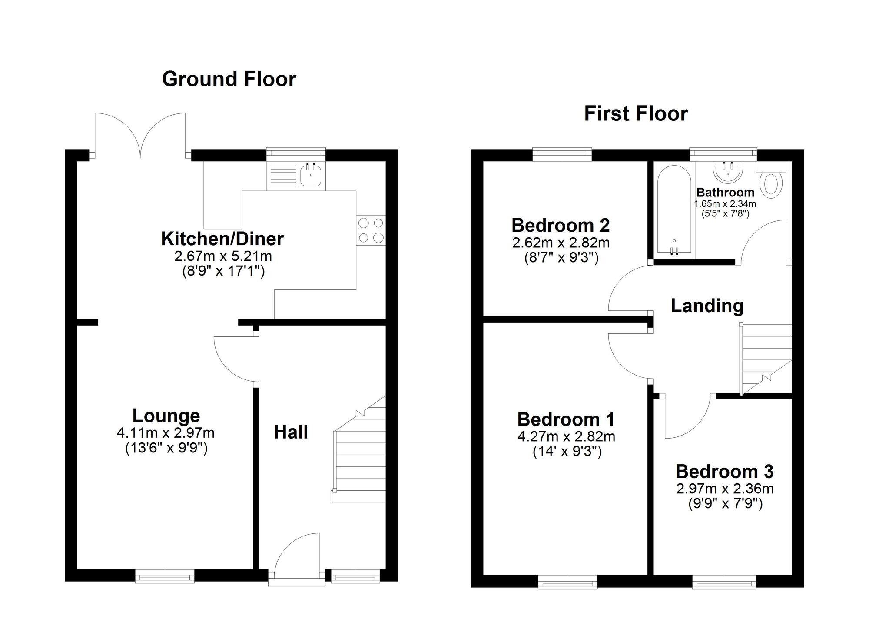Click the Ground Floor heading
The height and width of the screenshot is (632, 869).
229,79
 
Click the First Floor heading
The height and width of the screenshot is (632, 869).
636,113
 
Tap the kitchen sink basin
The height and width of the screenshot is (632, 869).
311,176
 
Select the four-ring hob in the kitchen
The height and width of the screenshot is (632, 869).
371,230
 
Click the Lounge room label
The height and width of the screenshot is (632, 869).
166,416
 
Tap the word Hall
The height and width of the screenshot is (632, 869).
291,432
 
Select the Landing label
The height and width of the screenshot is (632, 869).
707,306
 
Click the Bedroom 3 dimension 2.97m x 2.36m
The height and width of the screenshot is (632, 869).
725,489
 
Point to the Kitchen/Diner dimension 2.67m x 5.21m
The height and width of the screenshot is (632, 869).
223,256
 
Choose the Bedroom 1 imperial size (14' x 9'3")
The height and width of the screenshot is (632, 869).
567,452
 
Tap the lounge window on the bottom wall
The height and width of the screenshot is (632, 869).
164,576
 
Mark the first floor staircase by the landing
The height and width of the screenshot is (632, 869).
766,359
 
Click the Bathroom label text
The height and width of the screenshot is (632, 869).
725,193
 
